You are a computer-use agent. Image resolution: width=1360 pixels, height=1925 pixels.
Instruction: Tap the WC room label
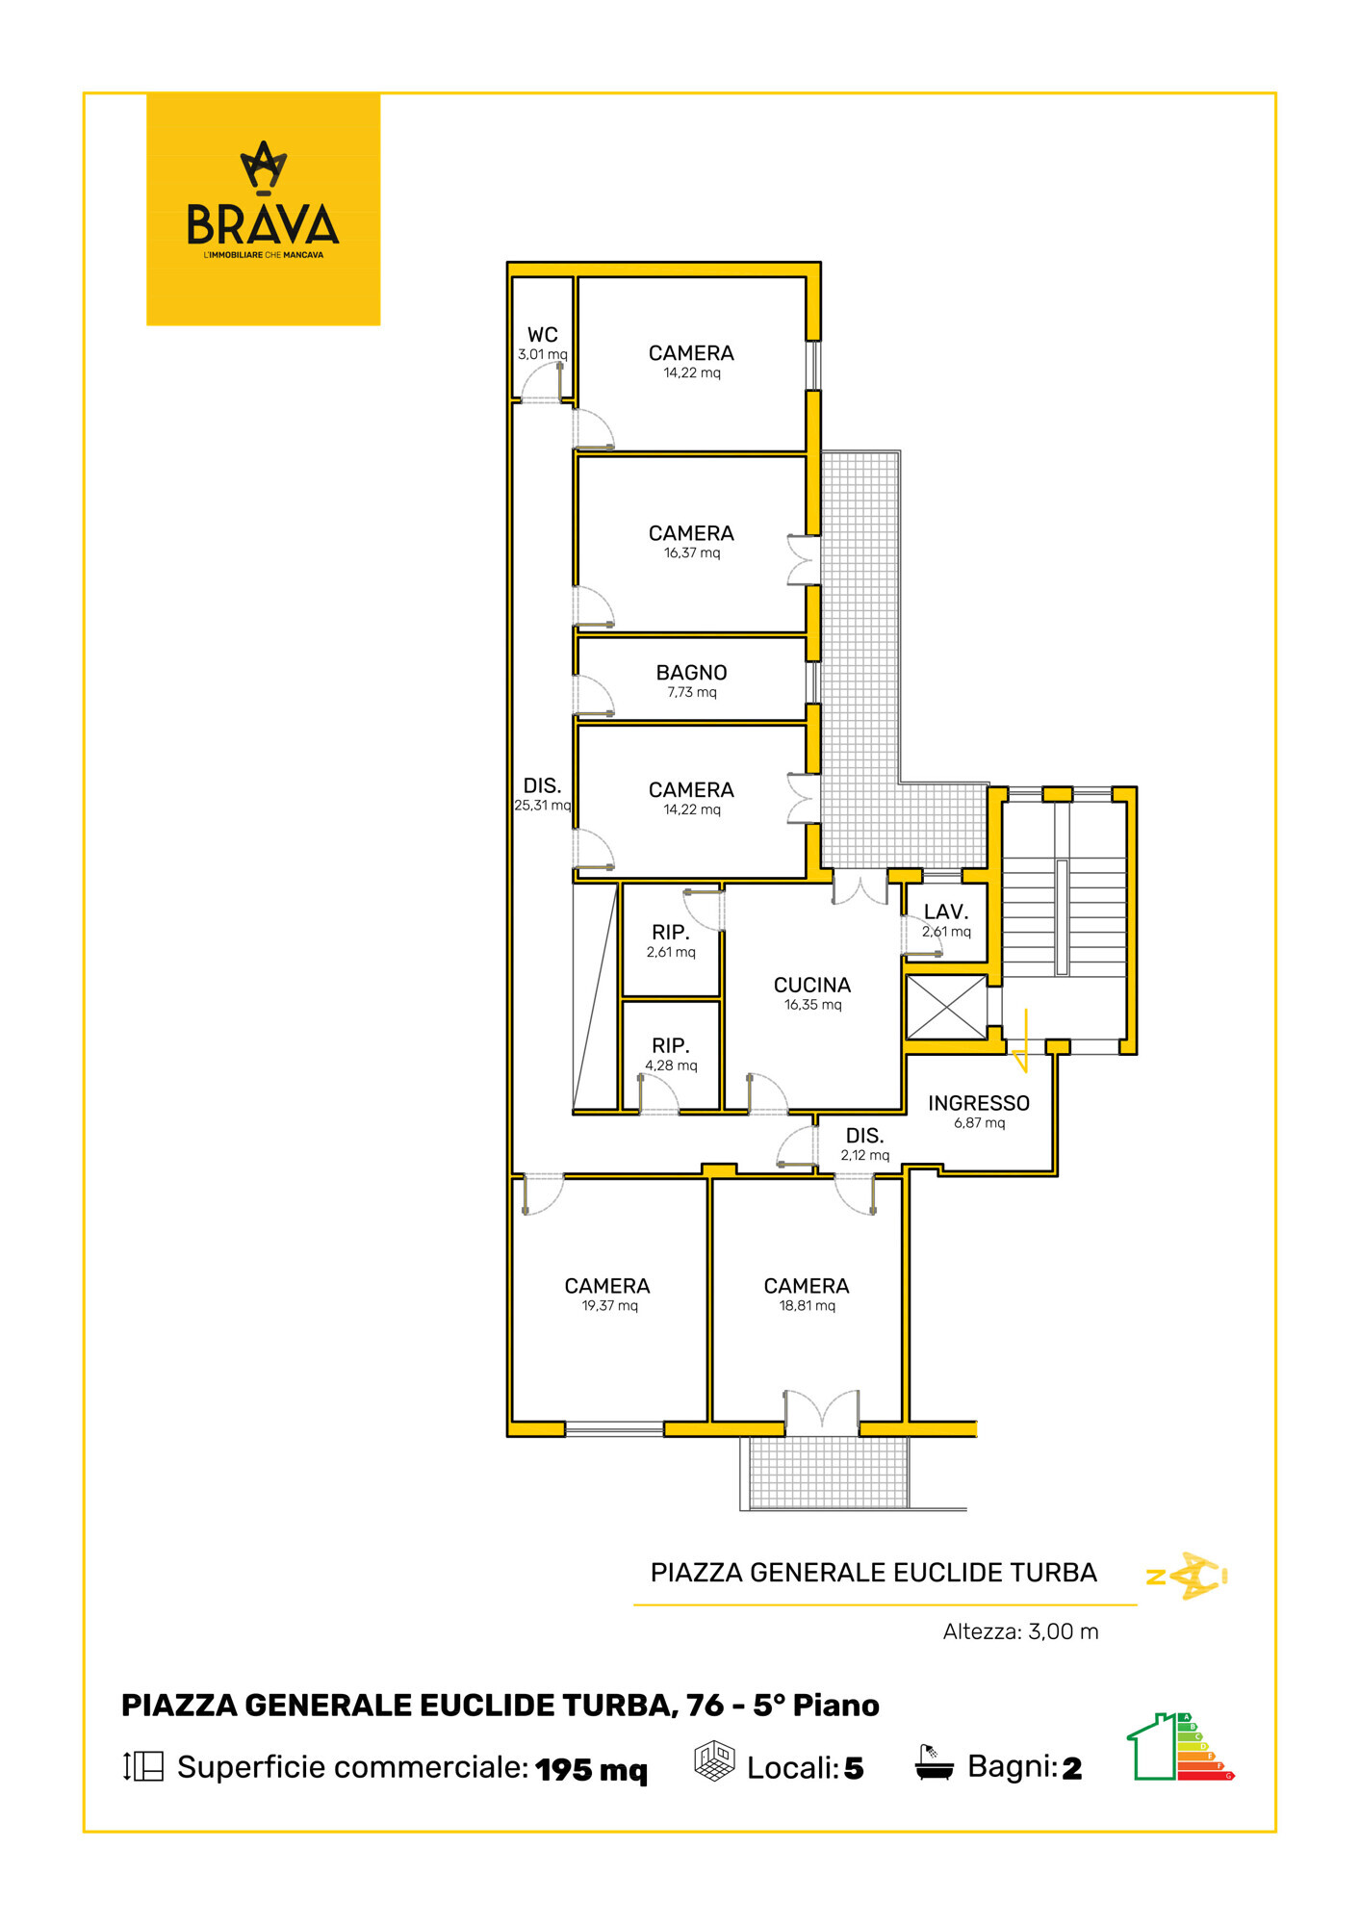(542, 335)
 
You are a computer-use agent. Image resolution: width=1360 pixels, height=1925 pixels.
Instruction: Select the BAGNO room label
(691, 673)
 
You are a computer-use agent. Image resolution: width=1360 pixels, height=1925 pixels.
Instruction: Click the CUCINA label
(812, 985)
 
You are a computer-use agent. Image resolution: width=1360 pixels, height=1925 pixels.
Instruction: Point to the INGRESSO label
(978, 1103)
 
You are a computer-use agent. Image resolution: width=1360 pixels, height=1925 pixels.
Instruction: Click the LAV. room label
(946, 911)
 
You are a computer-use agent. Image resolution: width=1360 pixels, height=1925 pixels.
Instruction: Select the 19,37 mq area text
(609, 1306)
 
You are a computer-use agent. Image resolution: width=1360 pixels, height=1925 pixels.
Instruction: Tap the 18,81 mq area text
(807, 1306)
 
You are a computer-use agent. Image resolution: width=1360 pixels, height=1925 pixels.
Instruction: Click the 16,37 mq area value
(691, 553)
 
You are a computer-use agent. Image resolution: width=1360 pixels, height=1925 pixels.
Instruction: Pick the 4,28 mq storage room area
(671, 1065)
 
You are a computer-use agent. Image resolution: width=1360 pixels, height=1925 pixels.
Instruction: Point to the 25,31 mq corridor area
(542, 806)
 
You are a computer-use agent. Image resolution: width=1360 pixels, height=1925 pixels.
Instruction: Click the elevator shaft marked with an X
(946, 1008)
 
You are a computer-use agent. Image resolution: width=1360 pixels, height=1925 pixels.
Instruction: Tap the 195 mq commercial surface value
(591, 1769)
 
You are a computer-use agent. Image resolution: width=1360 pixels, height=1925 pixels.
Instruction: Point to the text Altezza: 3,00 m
(1020, 1631)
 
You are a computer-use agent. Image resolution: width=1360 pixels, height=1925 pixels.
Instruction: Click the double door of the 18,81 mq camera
(821, 1411)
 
